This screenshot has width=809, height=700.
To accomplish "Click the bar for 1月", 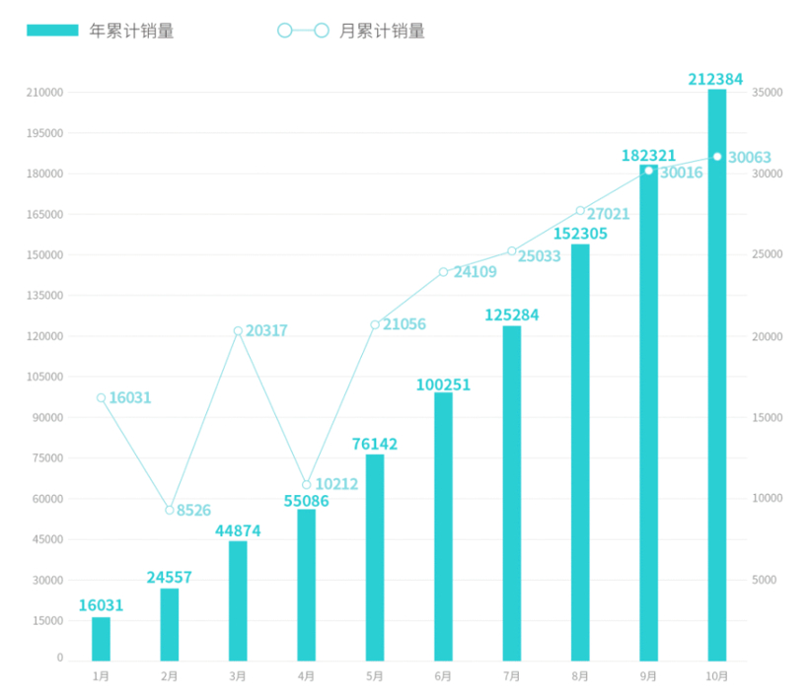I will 101,638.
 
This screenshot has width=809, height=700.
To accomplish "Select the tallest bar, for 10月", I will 717,375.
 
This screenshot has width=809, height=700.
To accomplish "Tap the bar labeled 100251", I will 443,526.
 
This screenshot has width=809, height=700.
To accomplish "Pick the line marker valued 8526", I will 170,510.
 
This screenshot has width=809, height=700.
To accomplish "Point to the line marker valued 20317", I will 238,331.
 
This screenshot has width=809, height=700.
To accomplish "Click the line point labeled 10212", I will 307,485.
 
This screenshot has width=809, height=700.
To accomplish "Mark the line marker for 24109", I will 443,272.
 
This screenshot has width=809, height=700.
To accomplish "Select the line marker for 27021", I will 580,211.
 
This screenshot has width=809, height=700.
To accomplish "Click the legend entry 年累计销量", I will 101,31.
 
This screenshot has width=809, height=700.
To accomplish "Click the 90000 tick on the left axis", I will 45,417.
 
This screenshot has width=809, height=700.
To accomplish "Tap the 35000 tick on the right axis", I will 767,93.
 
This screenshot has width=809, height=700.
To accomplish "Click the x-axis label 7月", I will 511,676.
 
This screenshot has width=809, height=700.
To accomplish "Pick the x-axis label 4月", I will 306,676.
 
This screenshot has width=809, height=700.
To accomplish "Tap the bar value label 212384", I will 715,79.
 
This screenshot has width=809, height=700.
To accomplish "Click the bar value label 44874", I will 238,530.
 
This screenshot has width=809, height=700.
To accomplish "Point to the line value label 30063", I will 750,158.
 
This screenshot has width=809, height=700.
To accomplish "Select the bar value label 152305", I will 580,234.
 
